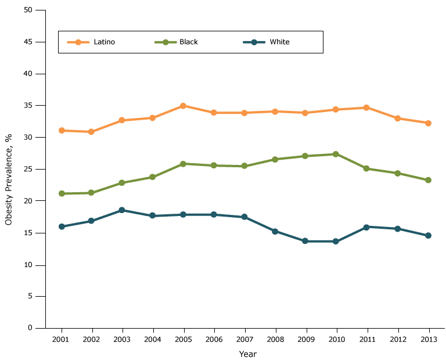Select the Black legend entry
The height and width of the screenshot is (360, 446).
tap(177, 42)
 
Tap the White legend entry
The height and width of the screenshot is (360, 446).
tap(266, 42)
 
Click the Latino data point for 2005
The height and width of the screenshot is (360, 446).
tap(183, 106)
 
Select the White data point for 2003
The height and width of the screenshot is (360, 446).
tap(121, 210)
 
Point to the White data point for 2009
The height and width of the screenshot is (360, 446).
tap(305, 241)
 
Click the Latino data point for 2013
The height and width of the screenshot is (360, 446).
tap(428, 123)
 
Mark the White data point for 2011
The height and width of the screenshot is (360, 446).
tap(367, 227)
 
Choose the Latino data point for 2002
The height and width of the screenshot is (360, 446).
tap(91, 132)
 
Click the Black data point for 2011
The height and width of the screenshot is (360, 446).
tap(367, 168)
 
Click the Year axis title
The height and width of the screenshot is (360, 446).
tap(247, 354)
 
